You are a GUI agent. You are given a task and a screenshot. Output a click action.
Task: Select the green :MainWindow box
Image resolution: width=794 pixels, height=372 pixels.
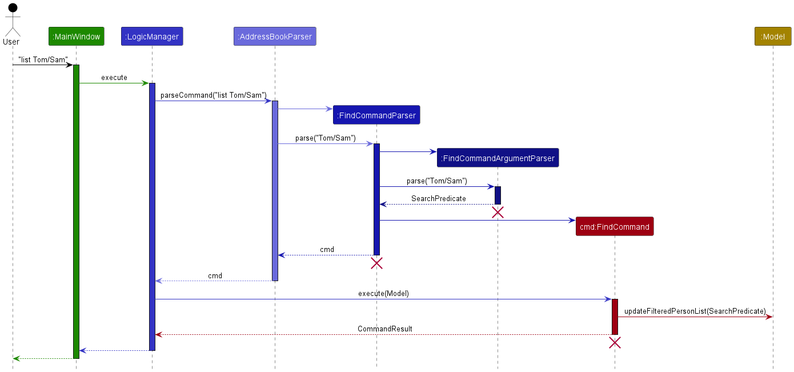click(76, 37)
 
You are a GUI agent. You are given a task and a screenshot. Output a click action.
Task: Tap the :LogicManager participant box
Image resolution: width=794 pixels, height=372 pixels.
click(152, 37)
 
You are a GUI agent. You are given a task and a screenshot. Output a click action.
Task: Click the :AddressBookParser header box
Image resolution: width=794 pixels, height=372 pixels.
click(275, 37)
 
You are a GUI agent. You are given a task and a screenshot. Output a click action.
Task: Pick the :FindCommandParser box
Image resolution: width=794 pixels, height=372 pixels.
click(376, 115)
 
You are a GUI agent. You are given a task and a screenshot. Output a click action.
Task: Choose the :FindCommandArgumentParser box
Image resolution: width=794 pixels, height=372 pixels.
click(498, 158)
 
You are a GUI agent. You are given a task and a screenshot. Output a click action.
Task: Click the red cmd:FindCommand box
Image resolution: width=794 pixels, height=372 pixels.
click(615, 227)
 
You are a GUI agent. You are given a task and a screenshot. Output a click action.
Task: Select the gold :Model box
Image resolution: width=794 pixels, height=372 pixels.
click(773, 37)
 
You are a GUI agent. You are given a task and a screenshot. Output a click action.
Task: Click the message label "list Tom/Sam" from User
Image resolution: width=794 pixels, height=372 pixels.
click(43, 59)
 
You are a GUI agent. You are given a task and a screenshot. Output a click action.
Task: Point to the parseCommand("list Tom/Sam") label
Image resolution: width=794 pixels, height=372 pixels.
click(213, 95)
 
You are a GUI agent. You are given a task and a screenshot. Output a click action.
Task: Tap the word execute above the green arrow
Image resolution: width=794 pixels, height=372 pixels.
click(114, 78)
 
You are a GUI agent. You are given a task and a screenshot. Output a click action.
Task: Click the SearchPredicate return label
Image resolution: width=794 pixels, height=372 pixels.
click(438, 199)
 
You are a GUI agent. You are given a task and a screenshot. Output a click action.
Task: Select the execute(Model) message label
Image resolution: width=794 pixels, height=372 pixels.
click(383, 294)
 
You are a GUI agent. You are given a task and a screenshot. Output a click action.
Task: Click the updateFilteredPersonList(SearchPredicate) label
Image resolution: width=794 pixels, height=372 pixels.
click(695, 311)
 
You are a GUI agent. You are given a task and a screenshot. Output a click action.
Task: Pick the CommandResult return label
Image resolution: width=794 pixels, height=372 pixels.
click(384, 329)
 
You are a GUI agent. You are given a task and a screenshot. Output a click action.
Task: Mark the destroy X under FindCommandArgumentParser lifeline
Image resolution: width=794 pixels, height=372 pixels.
click(498, 213)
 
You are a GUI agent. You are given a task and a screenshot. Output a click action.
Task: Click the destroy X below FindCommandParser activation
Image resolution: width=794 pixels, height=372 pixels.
click(376, 263)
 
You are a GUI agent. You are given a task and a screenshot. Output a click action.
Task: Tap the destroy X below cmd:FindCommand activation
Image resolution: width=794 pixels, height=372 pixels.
click(615, 343)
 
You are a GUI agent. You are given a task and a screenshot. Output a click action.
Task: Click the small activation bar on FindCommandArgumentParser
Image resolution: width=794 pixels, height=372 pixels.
click(498, 195)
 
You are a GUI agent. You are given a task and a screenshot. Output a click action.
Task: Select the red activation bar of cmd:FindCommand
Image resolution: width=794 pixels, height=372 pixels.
click(615, 317)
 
